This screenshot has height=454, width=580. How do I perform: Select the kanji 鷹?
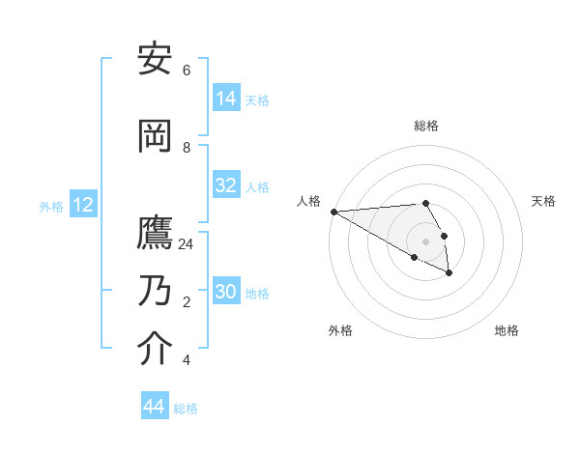click(156, 233)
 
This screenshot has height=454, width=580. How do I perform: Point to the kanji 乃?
click(156, 290)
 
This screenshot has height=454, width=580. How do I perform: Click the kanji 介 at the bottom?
click(156, 349)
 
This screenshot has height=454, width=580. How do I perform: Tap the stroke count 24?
click(187, 244)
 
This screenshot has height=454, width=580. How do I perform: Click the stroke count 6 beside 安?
click(187, 71)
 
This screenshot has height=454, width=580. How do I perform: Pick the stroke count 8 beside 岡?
click(187, 148)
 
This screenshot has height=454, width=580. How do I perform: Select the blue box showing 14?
click(226, 99)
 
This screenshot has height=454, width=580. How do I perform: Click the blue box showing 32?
click(226, 185)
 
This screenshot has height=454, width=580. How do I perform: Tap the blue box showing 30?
click(226, 292)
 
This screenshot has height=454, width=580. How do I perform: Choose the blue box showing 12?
click(83, 205)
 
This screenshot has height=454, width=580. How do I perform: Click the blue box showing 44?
click(155, 407)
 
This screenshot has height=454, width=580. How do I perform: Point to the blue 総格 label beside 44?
click(186, 409)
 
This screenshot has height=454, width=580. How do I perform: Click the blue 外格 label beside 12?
click(51, 206)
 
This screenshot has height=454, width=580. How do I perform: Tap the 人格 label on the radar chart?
click(308, 201)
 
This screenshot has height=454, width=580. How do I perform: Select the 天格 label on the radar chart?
click(543, 201)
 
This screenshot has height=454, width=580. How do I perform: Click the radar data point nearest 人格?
click(333, 212)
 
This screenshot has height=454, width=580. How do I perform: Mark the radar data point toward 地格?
click(449, 273)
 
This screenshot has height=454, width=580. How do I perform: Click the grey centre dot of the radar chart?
click(425, 241)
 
